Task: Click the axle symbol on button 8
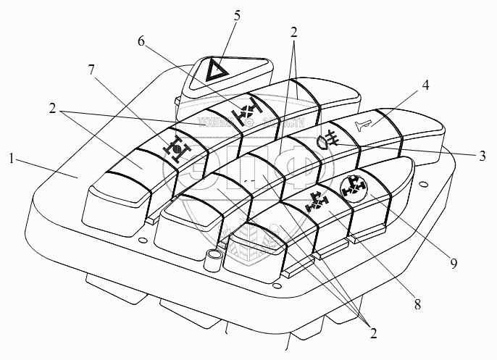pyautogui.click(x=317, y=201)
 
